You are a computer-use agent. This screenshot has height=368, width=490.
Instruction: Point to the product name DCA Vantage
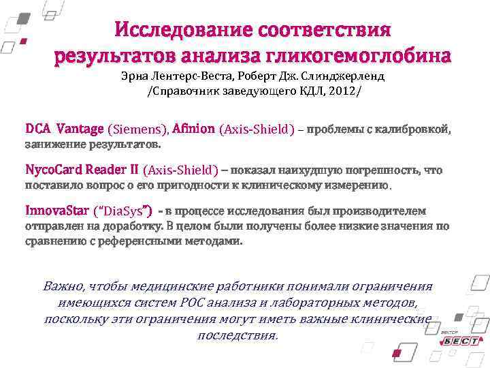65,129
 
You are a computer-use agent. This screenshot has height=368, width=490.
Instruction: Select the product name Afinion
194,129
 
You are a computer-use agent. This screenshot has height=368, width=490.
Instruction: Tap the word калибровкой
416,129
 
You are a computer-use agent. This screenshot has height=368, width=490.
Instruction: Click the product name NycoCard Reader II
82,169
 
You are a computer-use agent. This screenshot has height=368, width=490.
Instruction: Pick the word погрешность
388,170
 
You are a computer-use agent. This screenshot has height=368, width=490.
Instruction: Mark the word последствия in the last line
238,335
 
